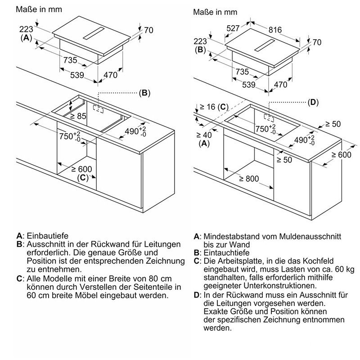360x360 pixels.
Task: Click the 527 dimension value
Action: point(233,28)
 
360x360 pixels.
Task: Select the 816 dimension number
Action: point(275,30)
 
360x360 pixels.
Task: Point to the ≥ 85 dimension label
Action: point(78,116)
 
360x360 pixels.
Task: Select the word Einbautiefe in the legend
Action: point(47,236)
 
